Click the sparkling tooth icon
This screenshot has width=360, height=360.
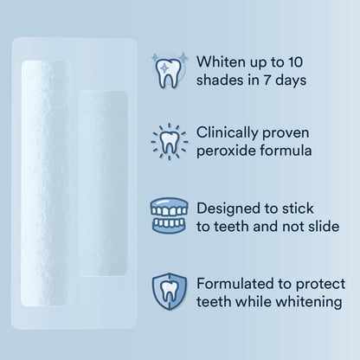coord(170,70)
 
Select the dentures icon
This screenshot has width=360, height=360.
coord(170,217)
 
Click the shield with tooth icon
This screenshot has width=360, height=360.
coord(170,292)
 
